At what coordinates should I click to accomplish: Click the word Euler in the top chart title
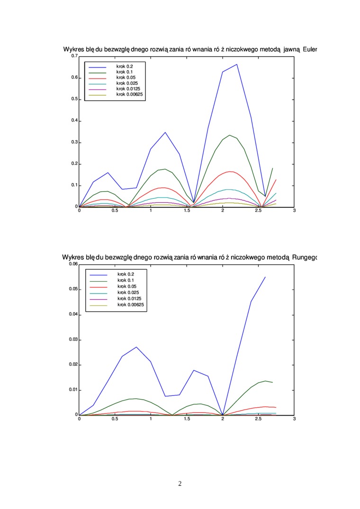[308, 49]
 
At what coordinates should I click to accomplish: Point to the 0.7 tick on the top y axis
[74, 56]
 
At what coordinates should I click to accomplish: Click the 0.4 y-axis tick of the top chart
[74, 121]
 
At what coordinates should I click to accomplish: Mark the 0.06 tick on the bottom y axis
[73, 264]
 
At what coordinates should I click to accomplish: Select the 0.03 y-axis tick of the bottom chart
[73, 340]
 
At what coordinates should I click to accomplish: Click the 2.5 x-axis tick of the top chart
[258, 211]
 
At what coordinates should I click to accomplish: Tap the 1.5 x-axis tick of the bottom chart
[187, 419]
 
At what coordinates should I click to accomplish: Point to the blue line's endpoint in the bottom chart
[265, 277]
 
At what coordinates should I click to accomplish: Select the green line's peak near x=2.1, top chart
[230, 135]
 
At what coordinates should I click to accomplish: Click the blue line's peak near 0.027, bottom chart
[136, 347]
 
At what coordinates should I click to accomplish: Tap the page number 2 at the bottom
[180, 483]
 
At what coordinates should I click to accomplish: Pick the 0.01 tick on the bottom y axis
[73, 390]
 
